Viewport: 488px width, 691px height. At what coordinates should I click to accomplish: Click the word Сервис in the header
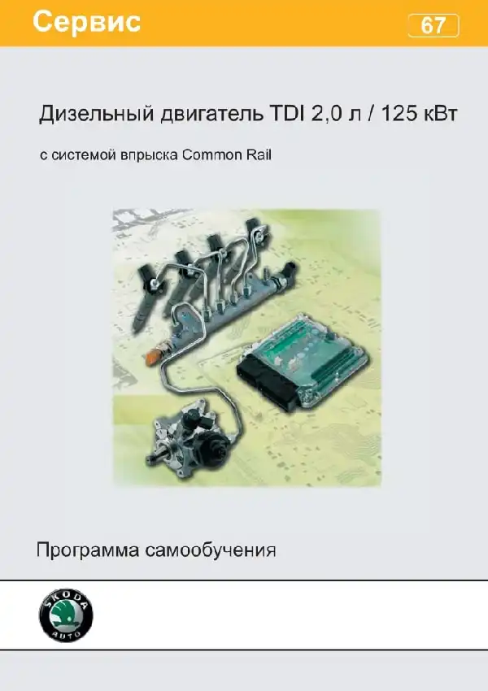[x=86, y=22]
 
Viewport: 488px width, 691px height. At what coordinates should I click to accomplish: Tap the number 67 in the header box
[x=434, y=26]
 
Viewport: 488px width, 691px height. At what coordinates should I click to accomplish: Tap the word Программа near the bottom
[x=86, y=550]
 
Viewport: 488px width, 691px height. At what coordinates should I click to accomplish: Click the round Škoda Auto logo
[x=66, y=614]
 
